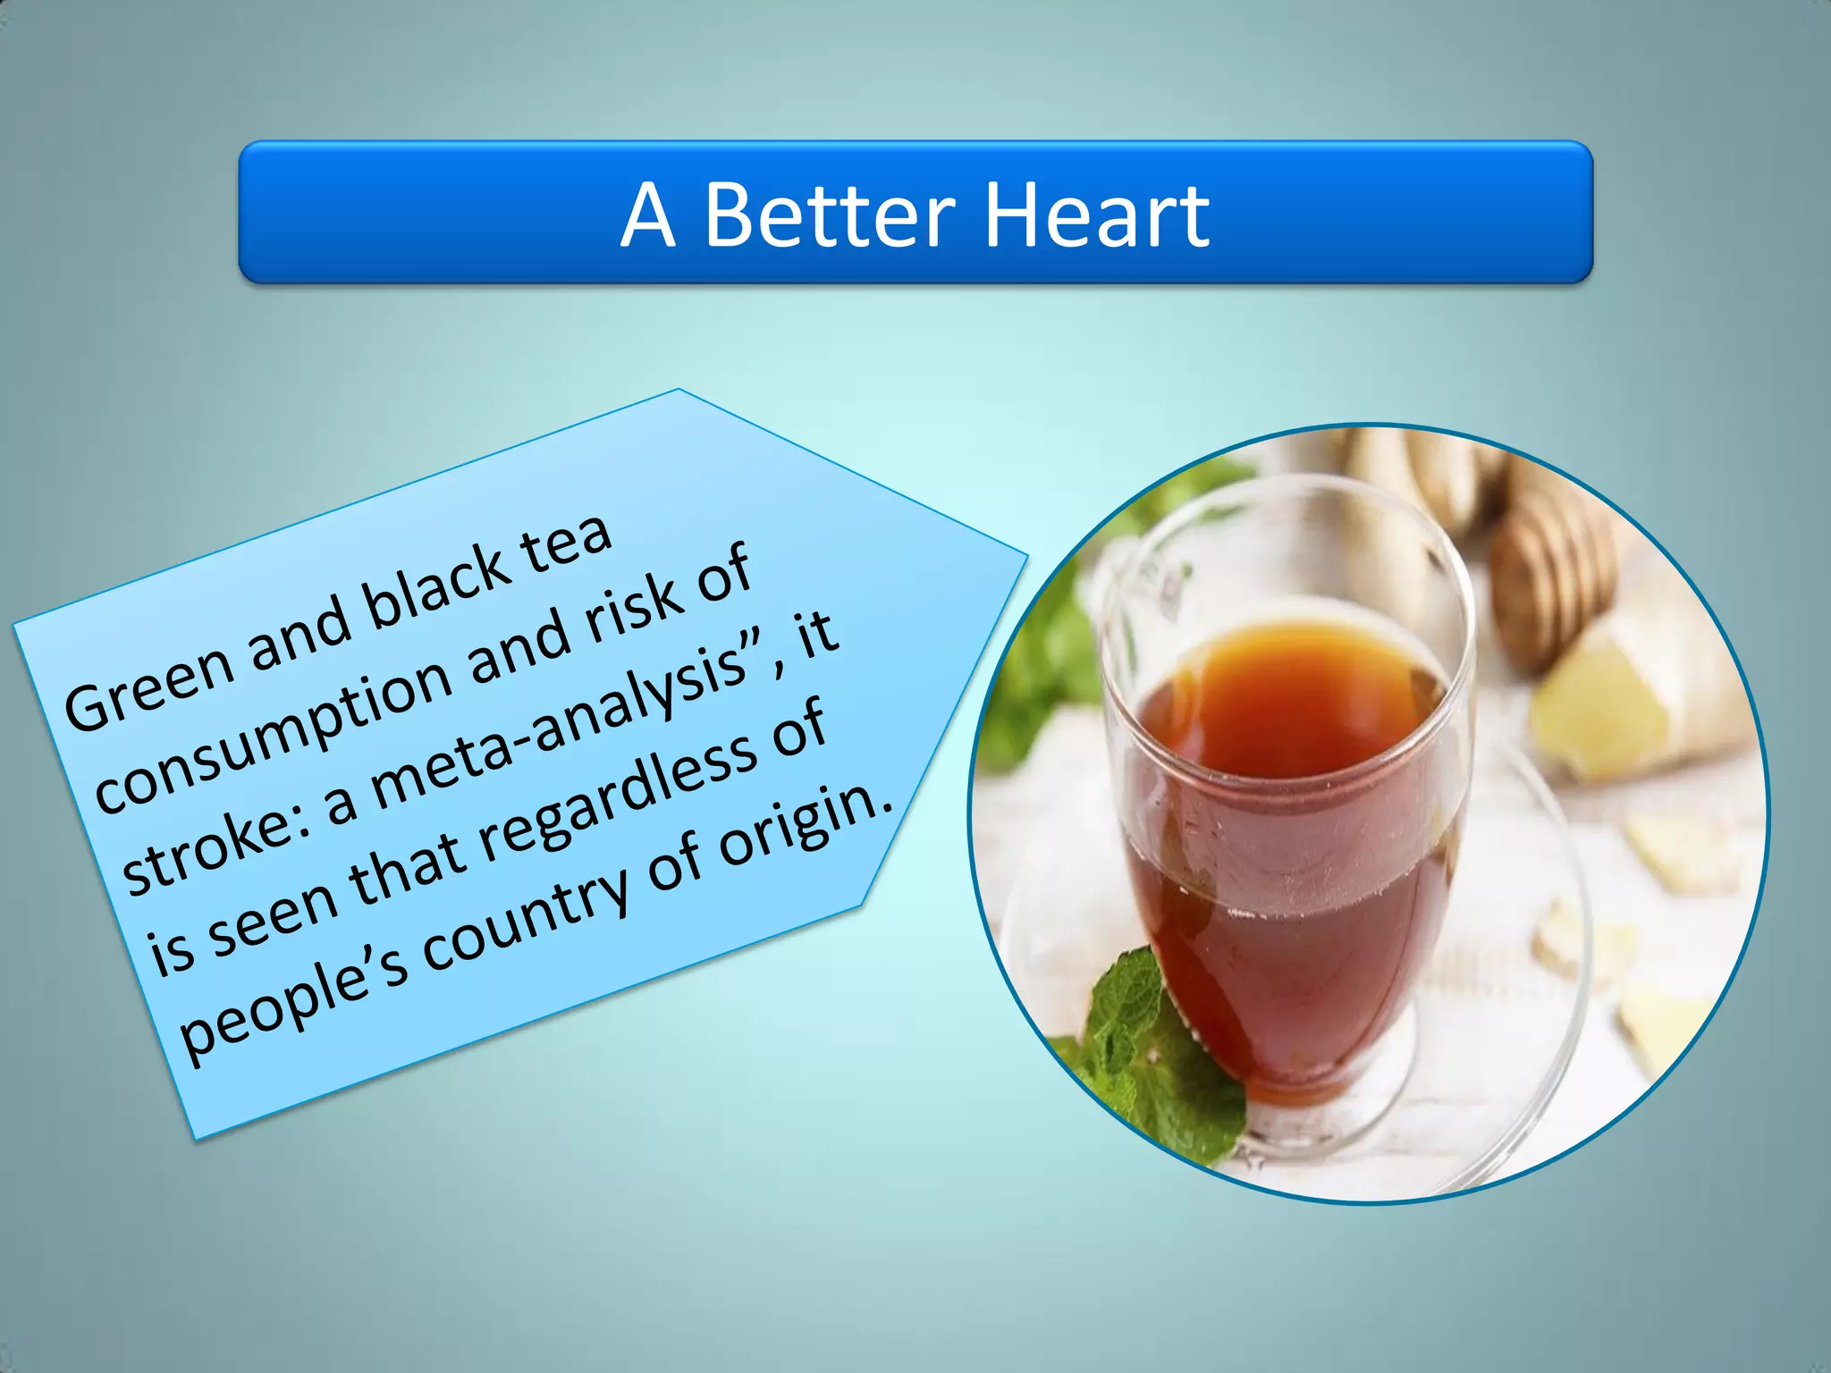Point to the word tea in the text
coord(568,539)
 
